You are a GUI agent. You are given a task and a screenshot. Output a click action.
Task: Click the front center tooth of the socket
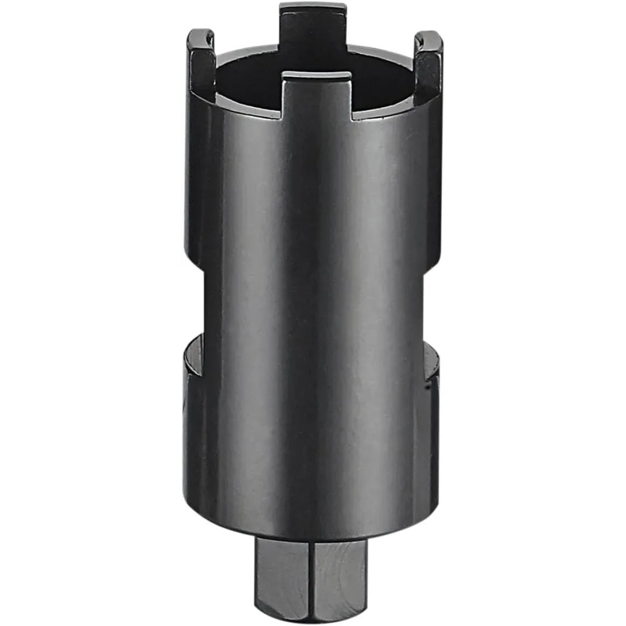click(x=316, y=97)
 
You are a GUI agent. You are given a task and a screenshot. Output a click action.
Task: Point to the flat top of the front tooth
click(x=316, y=76)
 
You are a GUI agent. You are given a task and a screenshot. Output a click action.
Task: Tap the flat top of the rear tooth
click(x=313, y=7)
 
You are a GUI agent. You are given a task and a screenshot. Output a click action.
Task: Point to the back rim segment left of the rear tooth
click(x=247, y=51)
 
